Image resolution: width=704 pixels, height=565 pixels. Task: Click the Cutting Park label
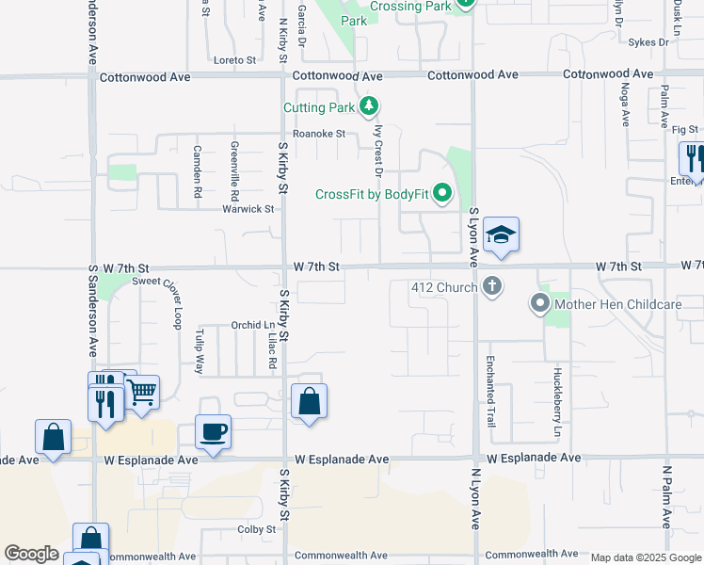click(x=322, y=107)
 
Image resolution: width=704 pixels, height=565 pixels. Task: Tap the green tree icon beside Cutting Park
click(x=371, y=106)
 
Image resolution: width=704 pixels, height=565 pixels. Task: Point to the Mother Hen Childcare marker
click(x=540, y=304)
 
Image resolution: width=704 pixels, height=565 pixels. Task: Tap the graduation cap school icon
click(x=502, y=236)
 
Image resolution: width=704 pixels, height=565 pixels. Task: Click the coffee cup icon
click(x=213, y=432)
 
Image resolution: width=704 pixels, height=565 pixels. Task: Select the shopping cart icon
click(x=142, y=392)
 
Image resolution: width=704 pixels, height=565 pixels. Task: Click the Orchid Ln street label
click(x=252, y=326)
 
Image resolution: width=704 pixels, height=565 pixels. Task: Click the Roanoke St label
click(x=320, y=134)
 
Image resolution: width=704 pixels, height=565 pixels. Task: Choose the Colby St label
click(x=255, y=529)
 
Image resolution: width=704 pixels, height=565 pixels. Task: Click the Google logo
click(x=31, y=554)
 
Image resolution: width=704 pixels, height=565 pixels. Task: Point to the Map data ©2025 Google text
click(x=645, y=557)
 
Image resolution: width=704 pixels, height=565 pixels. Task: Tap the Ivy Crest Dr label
click(x=379, y=152)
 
